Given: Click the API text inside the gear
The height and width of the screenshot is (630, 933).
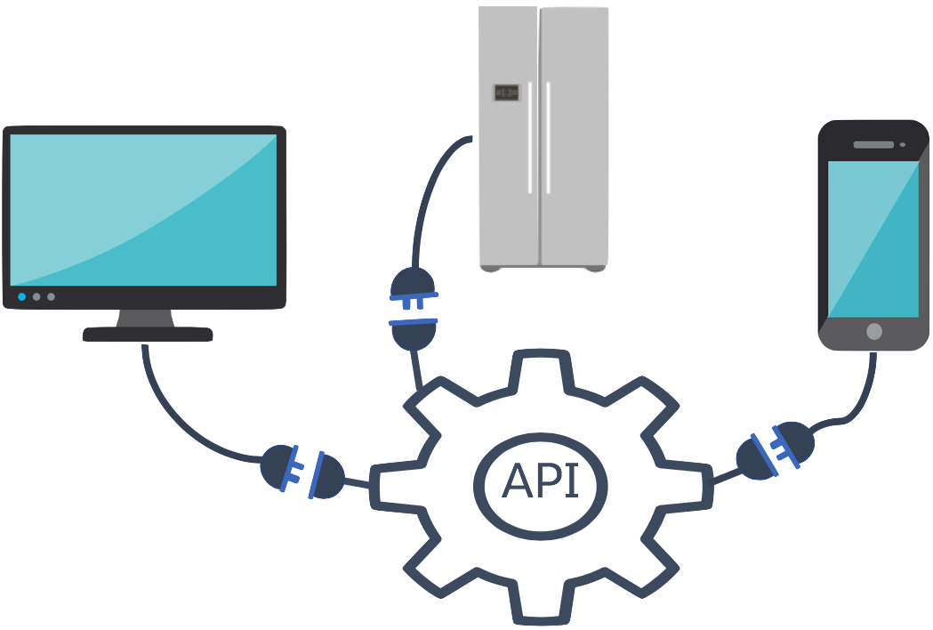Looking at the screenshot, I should tap(541, 481).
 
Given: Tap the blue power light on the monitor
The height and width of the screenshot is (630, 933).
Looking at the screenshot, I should tap(21, 296).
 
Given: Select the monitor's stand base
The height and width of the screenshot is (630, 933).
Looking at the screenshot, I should tap(148, 334).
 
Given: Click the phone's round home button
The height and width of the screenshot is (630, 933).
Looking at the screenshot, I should tap(873, 331).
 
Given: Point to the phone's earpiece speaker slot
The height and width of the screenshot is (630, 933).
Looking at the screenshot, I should tap(873, 144).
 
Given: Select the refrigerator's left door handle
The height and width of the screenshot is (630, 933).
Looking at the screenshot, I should tap(531, 137).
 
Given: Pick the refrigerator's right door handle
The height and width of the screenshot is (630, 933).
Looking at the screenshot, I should tap(548, 137).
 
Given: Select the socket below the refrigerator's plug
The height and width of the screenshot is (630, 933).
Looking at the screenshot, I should tap(412, 333).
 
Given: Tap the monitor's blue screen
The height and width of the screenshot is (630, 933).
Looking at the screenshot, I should tap(144, 209).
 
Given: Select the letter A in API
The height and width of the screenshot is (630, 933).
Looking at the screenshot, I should tap(516, 481).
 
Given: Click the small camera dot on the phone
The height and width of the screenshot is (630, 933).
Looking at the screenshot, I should tap(902, 144).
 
